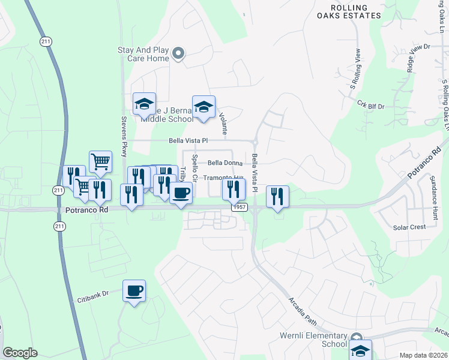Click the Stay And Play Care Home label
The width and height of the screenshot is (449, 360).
(143, 55)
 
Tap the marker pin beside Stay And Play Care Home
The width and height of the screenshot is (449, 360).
(178, 55)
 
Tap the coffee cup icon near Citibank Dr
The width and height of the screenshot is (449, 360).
(134, 291)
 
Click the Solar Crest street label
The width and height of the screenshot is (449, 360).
(409, 227)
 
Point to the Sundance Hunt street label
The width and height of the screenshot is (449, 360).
(435, 198)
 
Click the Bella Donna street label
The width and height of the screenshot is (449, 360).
(225, 163)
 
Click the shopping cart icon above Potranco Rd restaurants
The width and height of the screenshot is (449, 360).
(100, 161)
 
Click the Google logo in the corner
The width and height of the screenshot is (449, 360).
(20, 353)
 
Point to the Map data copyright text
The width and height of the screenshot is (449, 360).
(423, 355)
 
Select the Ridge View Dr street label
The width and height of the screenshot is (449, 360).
(418, 58)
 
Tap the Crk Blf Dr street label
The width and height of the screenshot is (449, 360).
(370, 106)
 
